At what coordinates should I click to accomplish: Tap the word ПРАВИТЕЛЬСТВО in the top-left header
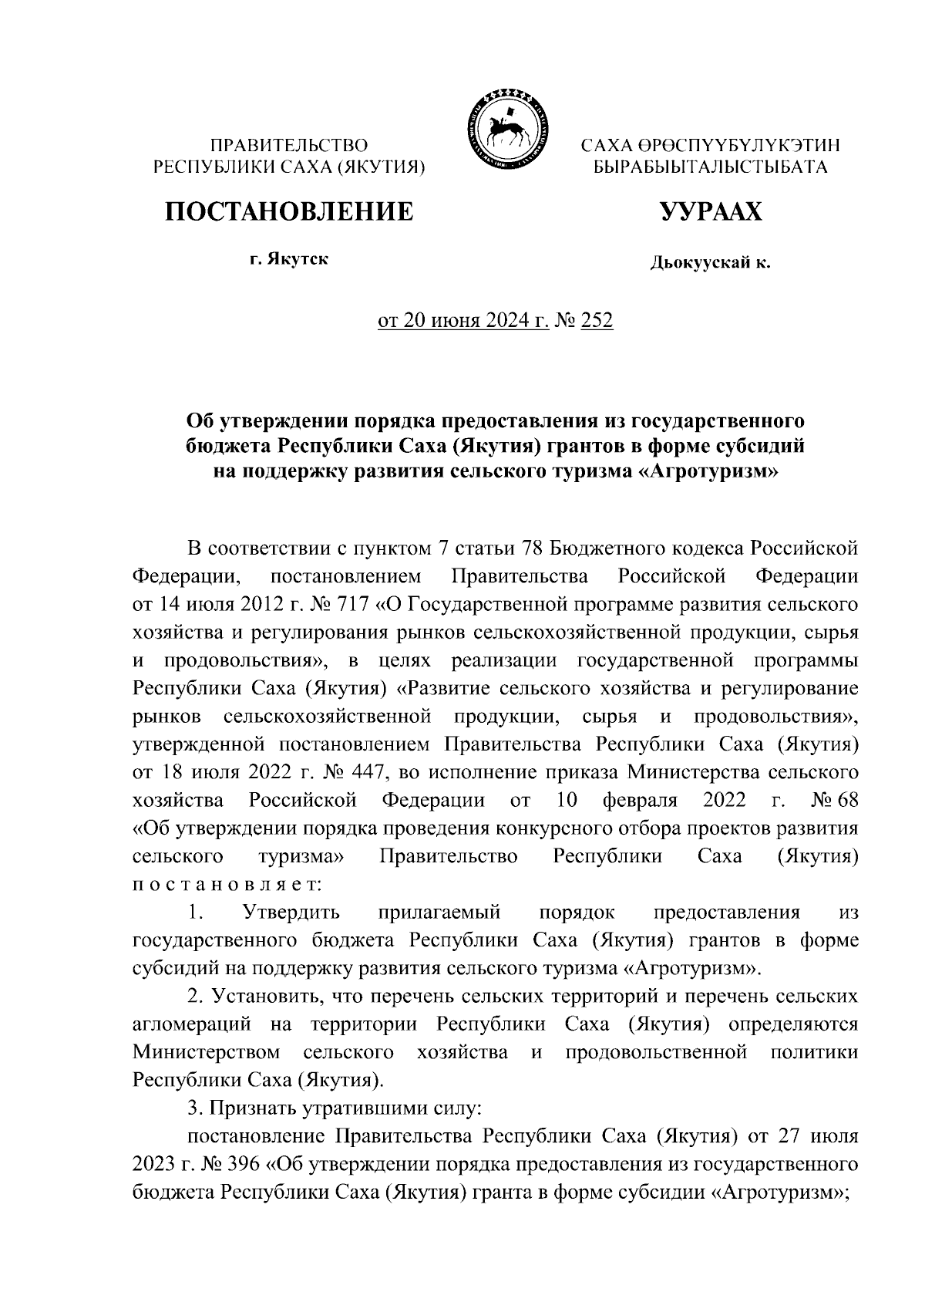pos(289,145)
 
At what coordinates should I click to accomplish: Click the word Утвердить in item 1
pos(291,913)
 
